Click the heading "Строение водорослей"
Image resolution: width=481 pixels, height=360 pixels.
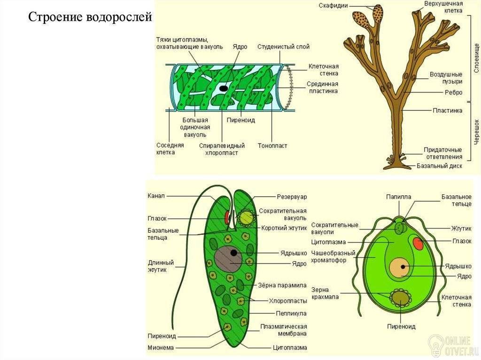pos(90,17)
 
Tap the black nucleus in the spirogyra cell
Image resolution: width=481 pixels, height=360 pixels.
pos(224,89)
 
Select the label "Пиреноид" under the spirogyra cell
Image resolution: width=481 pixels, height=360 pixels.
pos(241,120)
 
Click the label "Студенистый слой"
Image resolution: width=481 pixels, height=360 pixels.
pos(283,46)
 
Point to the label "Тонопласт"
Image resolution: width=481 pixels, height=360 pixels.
pos(272,146)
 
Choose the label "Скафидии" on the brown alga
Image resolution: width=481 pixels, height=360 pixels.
pos(333,6)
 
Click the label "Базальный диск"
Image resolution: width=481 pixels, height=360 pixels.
pos(439,166)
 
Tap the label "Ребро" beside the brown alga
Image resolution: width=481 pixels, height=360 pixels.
pos(453,92)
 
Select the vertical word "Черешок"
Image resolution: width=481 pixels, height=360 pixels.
pos(476,132)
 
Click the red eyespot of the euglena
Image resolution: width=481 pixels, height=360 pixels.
pos(227,217)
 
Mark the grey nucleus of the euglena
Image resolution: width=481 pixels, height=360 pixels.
pos(228,259)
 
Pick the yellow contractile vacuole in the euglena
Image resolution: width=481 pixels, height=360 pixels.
pos(246,218)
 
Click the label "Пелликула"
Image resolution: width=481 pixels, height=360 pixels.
pos(291,314)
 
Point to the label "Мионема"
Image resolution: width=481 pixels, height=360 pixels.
pos(161,348)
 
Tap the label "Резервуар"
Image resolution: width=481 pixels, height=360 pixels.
pos(292,197)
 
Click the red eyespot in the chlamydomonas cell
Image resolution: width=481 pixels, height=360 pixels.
pos(418,244)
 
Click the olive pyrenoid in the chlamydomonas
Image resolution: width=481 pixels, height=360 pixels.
pos(401,298)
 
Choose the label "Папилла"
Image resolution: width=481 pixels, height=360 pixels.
pos(398,197)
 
